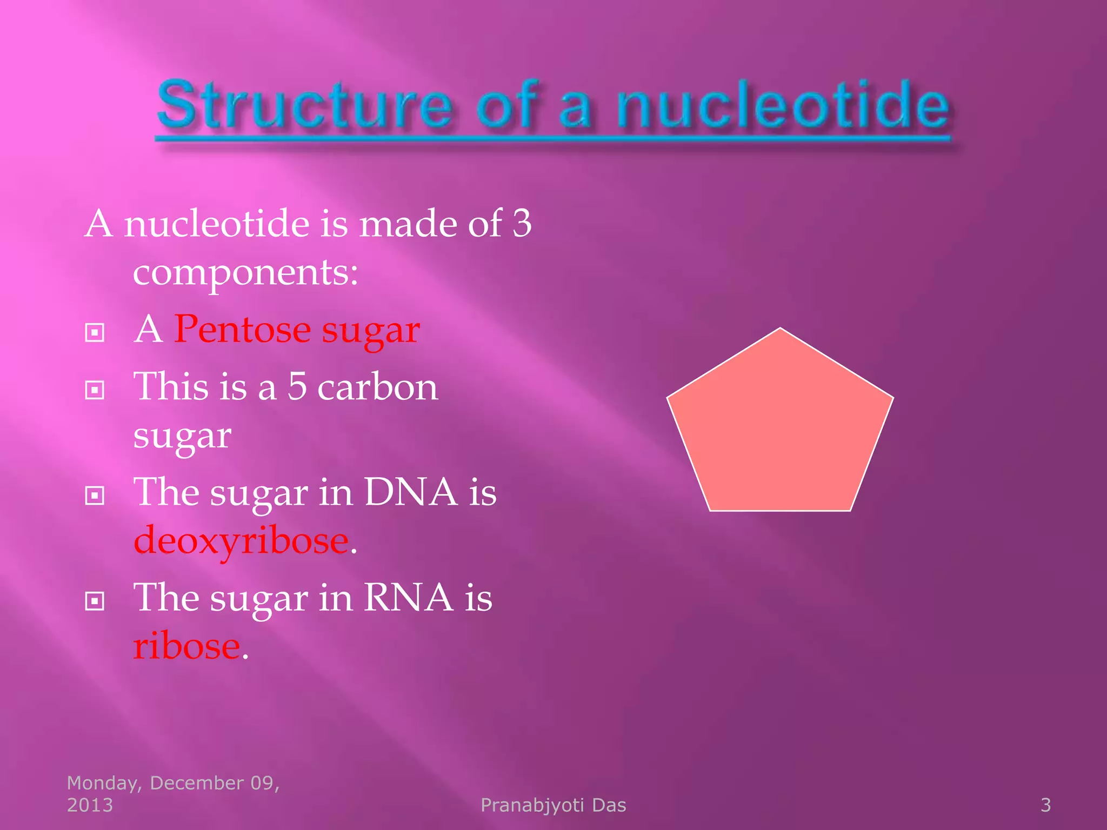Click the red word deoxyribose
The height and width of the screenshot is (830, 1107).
(x=241, y=540)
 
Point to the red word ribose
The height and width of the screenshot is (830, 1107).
(x=186, y=646)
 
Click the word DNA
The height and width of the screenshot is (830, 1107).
(x=410, y=492)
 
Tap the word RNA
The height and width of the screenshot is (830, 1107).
(x=408, y=598)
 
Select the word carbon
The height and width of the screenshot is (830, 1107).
(x=377, y=387)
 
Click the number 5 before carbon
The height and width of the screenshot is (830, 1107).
(x=297, y=387)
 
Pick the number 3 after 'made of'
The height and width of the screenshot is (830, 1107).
(x=522, y=223)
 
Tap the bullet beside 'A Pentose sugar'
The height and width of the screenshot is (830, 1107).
(x=95, y=333)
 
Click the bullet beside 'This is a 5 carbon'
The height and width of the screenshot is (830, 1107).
(x=95, y=390)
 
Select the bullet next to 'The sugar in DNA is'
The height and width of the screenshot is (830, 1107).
(x=95, y=495)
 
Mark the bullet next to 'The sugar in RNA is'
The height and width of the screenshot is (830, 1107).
(x=95, y=600)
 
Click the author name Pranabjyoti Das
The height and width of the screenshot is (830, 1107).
(x=553, y=805)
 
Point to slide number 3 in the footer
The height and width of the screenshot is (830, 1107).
(x=1045, y=805)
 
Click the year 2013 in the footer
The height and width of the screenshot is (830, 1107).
(x=90, y=805)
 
